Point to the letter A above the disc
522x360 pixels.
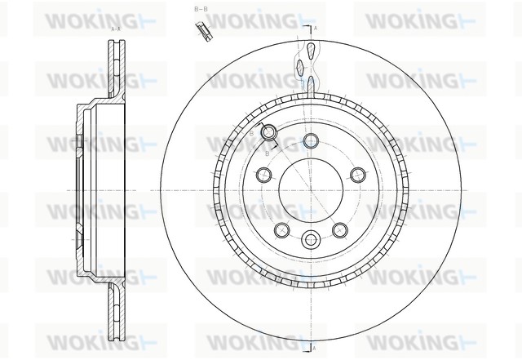click(x=316, y=29)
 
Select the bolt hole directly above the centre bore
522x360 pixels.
click(x=310, y=140)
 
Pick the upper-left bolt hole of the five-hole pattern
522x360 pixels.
click(x=263, y=174)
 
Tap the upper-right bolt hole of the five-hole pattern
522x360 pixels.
click(x=357, y=174)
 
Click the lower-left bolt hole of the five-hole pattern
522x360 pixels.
click(x=281, y=229)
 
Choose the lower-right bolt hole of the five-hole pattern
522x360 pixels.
click(x=339, y=229)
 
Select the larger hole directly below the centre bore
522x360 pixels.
click(x=310, y=240)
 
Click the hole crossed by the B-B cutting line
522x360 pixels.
click(x=269, y=133)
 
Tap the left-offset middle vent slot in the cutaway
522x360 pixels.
click(x=303, y=66)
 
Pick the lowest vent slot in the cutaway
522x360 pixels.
click(x=311, y=83)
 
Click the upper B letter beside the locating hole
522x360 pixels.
click(x=251, y=131)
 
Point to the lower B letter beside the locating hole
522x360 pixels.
click(x=268, y=153)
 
